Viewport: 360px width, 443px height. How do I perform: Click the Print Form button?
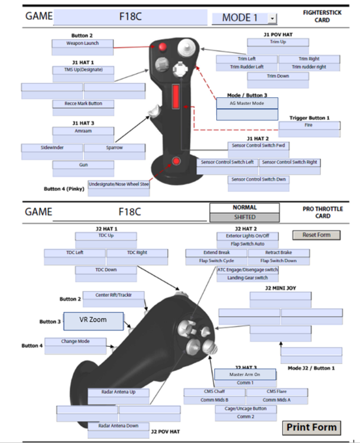[x=312, y=428]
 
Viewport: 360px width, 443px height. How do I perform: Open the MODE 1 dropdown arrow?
[x=272, y=18]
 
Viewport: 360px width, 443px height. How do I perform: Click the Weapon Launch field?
[x=83, y=43]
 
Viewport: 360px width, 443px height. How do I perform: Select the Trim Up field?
[x=277, y=43]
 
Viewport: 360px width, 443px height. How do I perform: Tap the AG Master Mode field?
[x=247, y=102]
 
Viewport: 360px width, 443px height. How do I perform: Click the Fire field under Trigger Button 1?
[x=309, y=125]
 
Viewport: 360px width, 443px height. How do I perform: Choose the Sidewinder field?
[x=52, y=148]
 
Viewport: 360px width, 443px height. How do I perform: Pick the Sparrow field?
[x=115, y=148]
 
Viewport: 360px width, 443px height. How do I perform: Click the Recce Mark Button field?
[x=83, y=104]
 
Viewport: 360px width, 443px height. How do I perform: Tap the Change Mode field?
[x=76, y=341]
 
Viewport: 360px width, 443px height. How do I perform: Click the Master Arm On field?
[x=245, y=374]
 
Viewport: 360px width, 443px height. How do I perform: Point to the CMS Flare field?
[x=277, y=392]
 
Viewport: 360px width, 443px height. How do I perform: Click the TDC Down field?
[x=106, y=270]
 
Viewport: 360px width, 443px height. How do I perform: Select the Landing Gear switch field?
[x=247, y=278]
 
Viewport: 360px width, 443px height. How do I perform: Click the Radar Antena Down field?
[x=118, y=425]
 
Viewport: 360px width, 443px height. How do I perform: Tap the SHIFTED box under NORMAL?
[x=244, y=217]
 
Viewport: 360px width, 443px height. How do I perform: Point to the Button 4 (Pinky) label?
[x=64, y=189]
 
